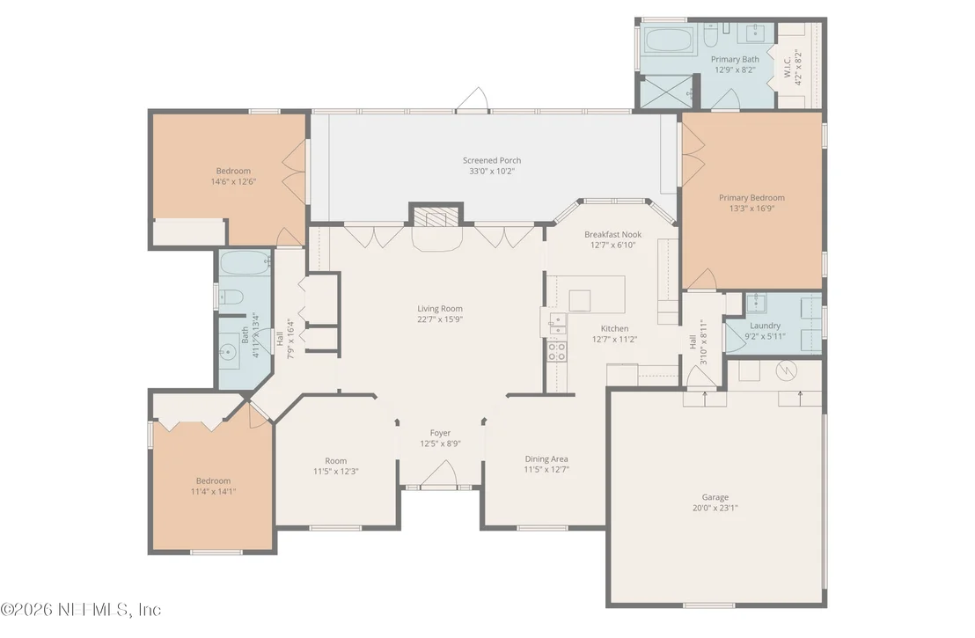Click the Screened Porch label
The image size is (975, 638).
(x=492, y=160)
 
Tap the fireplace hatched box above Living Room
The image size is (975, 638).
(x=436, y=217)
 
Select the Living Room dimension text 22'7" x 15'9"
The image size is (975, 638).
(x=440, y=319)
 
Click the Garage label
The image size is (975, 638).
(x=715, y=497)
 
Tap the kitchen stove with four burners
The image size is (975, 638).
(x=556, y=351)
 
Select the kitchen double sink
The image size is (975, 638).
(x=558, y=324)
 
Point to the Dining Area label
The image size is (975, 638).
(x=546, y=458)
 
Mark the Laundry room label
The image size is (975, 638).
(x=765, y=326)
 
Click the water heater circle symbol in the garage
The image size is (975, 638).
(x=786, y=371)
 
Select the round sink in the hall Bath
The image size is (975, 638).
(x=226, y=353)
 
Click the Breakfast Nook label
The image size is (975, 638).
(x=612, y=234)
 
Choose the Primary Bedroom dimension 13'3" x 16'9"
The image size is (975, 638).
(x=751, y=209)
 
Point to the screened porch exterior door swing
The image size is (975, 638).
(x=474, y=99)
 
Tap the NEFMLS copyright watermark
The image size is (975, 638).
(x=81, y=609)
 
